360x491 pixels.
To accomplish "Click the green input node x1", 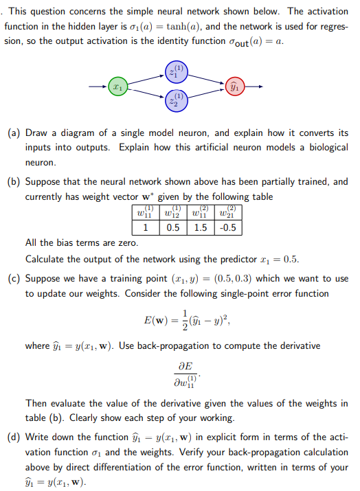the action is click(x=118, y=88).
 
